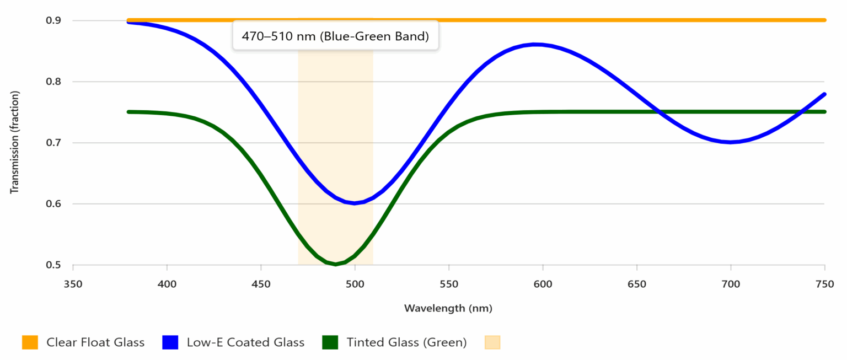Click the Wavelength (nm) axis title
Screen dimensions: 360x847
[448, 308]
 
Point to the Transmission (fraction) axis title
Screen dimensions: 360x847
[15, 142]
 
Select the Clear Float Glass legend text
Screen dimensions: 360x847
[95, 342]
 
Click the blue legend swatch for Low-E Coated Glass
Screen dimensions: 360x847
[170, 342]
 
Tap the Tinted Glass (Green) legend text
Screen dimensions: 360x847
[406, 342]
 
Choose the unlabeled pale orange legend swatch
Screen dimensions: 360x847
[492, 342]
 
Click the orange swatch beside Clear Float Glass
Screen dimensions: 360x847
[30, 342]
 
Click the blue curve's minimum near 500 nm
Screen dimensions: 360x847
[355, 203]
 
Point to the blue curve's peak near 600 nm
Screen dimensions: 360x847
[535, 44]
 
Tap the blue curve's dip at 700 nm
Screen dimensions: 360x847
[731, 142]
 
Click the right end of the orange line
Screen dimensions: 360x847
[824, 20]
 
